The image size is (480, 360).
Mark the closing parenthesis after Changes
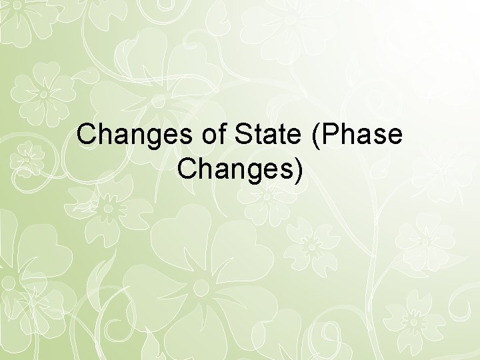click(297, 171)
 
